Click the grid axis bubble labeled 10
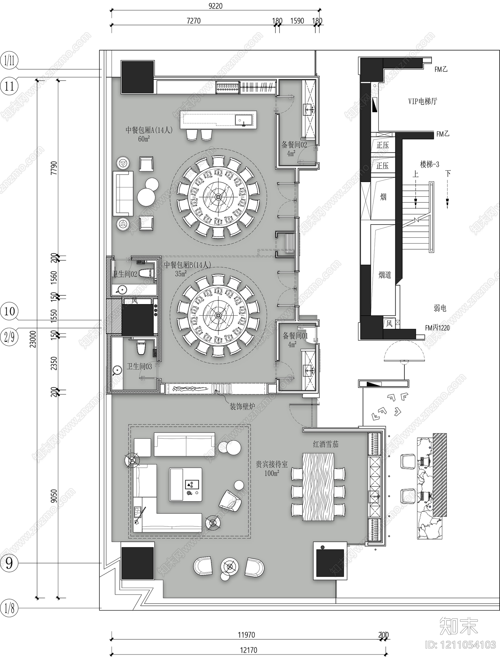[x=9, y=311]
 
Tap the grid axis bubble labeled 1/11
[x=9, y=61]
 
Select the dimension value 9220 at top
[x=215, y=6]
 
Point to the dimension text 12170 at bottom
[x=248, y=650]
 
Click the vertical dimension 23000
[x=33, y=339]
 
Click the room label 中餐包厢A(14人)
[x=149, y=130]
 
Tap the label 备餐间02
[x=294, y=145]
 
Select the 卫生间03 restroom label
[x=139, y=366]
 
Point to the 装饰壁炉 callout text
[x=242, y=406]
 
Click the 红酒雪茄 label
[x=326, y=444]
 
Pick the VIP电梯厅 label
[x=422, y=101]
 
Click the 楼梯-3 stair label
[x=429, y=164]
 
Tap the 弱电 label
[x=440, y=308]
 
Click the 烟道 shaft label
[x=385, y=275]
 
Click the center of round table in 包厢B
[x=218, y=315]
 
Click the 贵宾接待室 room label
[x=272, y=464]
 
